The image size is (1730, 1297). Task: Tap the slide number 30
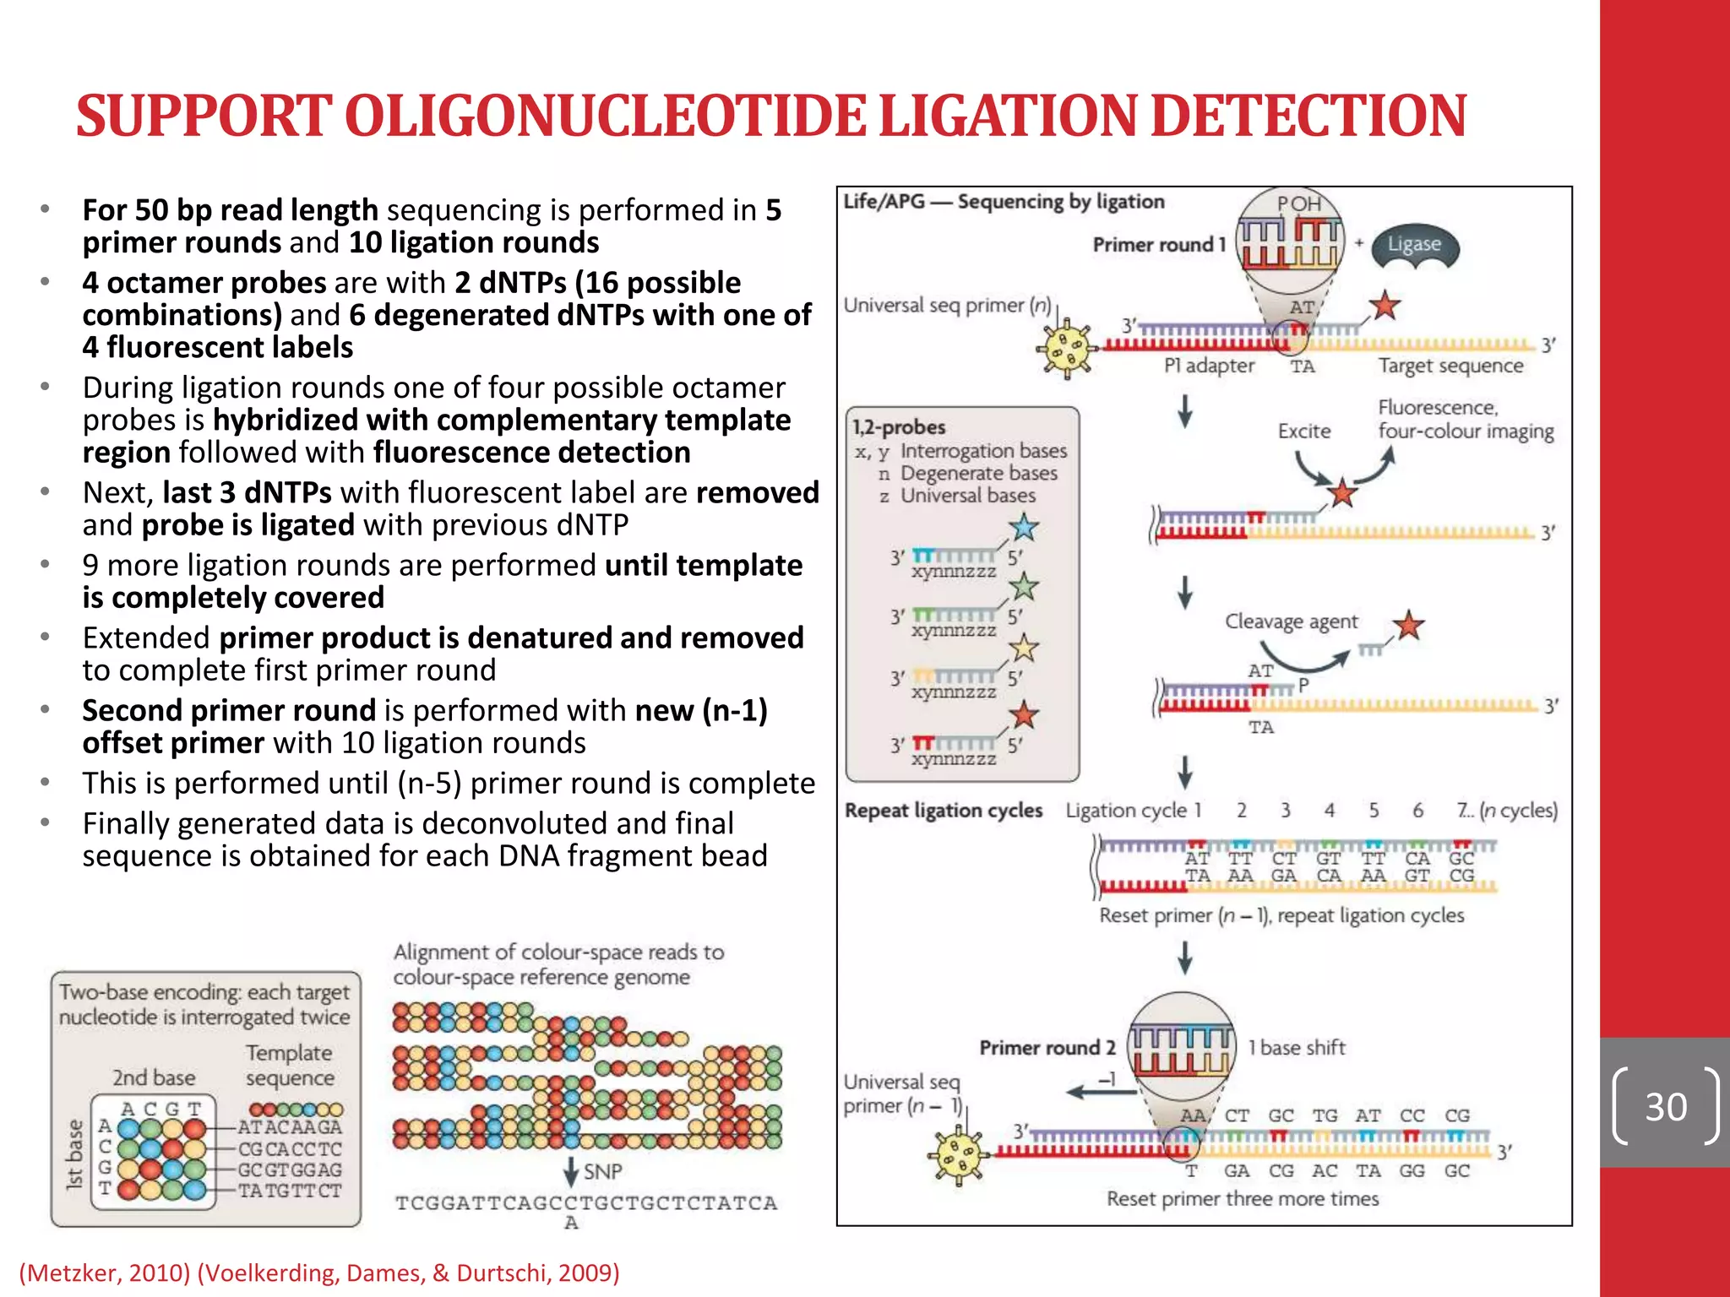tap(1665, 1107)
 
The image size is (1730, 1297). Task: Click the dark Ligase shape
tap(1414, 246)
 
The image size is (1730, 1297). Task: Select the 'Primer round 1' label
tap(1158, 245)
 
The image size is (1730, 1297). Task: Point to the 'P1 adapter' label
tap(1209, 366)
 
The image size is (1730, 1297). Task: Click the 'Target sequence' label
tap(1450, 366)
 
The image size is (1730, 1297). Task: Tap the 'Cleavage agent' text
tap(1291, 621)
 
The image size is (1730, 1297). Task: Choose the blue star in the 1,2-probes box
tap(1024, 527)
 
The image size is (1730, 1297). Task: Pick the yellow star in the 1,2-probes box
tap(1024, 648)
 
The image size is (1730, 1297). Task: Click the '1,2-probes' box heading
tap(899, 427)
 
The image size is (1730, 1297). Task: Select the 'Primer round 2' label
tap(1047, 1048)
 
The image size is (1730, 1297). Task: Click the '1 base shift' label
tap(1297, 1048)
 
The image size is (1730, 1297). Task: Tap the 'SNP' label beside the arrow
tap(602, 1172)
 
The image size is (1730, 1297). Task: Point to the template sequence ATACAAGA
tap(290, 1127)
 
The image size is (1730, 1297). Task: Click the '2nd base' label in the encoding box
tap(154, 1078)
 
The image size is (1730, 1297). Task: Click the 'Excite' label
tap(1303, 431)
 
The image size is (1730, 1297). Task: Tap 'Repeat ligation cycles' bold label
tap(944, 811)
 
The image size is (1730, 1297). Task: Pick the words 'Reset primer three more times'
tap(1243, 1199)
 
